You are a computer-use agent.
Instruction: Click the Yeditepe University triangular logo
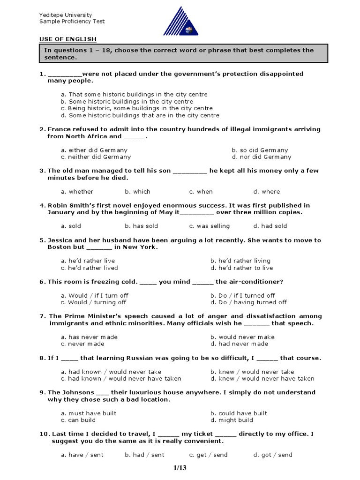pos(180,22)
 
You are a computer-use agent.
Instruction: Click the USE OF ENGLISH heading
pos(67,39)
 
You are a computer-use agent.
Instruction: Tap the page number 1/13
pos(180,467)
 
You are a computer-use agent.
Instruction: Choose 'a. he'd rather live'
pos(88,261)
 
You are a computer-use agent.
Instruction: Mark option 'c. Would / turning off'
pos(93,302)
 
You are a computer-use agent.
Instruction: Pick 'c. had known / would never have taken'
pos(121,378)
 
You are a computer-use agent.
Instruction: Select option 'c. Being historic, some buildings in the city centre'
pos(136,108)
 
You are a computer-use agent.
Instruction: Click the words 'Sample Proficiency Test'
pos(72,22)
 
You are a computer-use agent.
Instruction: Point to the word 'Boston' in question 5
pos(59,247)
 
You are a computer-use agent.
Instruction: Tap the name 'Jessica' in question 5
pos(61,240)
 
